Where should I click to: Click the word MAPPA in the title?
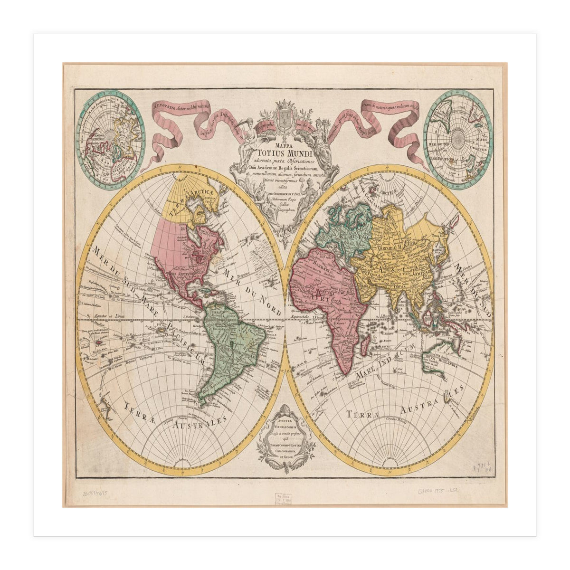[x=284, y=141]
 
